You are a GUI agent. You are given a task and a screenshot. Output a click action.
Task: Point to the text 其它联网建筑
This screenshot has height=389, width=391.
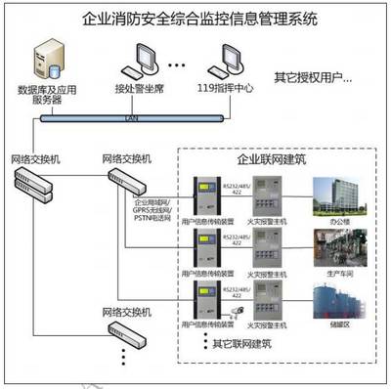pos(243,344)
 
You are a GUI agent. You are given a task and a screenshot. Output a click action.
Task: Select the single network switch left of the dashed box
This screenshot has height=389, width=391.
pos(124,178)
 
